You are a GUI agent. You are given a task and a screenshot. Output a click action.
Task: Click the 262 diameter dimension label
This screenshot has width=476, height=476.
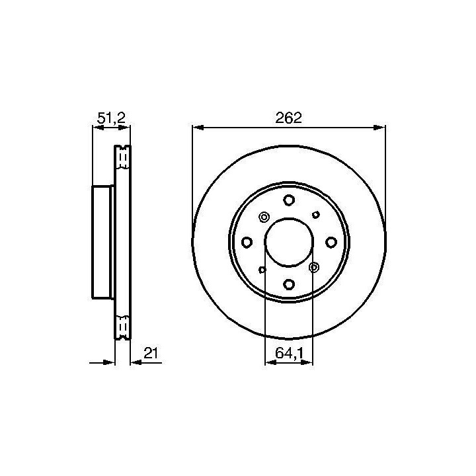click(289, 118)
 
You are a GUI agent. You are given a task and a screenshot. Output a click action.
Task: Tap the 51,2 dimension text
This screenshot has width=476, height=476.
click(111, 118)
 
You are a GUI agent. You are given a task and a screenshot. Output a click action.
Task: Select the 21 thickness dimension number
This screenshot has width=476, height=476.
click(151, 353)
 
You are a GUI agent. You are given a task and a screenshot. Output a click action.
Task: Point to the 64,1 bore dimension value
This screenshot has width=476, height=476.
click(290, 353)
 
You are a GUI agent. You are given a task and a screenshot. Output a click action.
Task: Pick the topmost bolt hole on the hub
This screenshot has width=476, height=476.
click(289, 200)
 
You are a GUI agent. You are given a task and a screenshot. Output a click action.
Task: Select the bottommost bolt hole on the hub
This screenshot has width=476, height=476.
click(289, 284)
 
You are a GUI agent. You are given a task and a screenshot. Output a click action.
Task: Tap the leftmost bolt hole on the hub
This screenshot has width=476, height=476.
click(247, 242)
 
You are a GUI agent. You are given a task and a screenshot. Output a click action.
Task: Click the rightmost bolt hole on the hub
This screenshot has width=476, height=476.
click(331, 242)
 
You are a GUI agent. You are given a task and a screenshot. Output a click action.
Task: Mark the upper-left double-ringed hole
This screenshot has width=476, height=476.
click(264, 217)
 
